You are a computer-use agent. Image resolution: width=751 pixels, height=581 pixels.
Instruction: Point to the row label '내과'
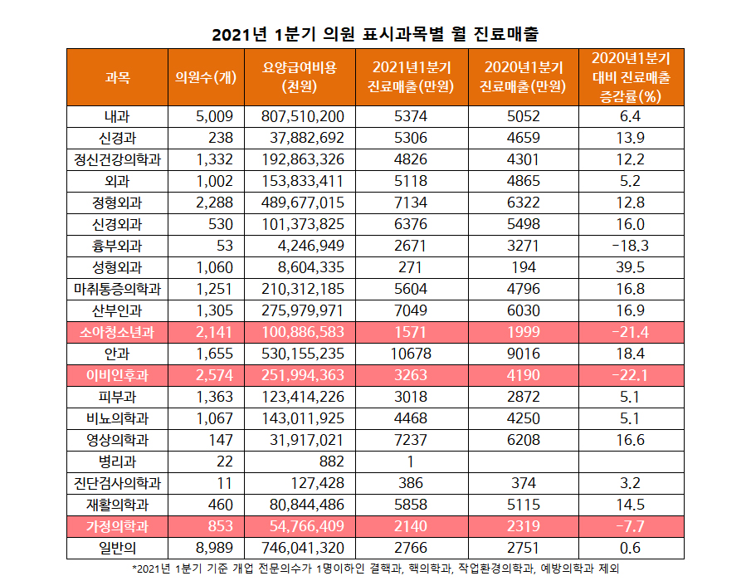click(117, 117)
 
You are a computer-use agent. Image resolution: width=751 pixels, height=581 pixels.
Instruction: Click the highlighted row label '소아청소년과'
click(117, 332)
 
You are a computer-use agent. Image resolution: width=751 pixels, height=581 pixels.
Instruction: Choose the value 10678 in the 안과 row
click(410, 354)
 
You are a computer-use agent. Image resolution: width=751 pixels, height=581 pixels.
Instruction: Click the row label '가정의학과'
click(117, 526)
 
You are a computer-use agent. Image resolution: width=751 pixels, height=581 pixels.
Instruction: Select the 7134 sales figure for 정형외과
click(410, 203)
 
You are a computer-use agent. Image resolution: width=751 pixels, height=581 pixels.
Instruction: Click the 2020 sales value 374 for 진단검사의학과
click(523, 483)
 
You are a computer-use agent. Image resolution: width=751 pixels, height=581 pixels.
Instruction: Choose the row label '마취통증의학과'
click(117, 289)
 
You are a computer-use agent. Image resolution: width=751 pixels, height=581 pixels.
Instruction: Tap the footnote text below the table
click(375, 569)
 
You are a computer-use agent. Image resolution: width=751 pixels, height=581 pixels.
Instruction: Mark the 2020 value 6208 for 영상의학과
click(523, 440)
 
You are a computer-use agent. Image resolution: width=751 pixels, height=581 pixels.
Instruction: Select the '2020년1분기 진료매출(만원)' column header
click(523, 77)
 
